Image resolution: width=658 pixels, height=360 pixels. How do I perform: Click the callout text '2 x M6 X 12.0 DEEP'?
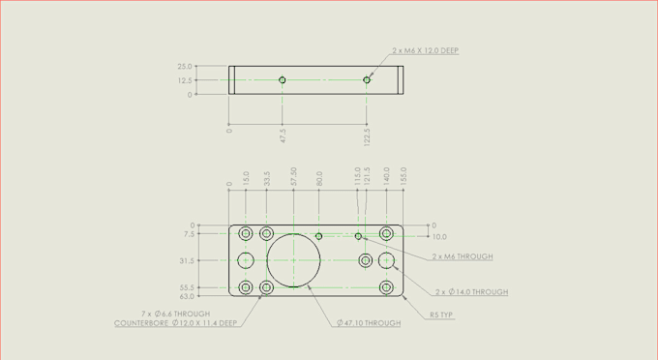tap(425, 50)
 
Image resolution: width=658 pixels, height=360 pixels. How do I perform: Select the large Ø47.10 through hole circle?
tap(293, 260)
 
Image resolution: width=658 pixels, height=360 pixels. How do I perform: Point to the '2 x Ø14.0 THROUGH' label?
tap(471, 291)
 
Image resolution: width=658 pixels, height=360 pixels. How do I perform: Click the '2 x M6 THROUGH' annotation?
tap(463, 256)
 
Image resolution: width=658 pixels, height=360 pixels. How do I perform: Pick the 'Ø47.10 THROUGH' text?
tap(369, 323)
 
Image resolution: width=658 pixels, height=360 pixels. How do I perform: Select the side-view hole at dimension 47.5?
tap(283, 80)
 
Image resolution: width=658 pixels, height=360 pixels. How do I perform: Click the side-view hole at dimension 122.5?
tap(367, 80)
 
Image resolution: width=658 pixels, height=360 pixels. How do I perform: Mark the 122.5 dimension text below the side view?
tap(367, 135)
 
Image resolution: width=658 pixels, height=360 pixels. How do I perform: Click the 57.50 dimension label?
tap(293, 176)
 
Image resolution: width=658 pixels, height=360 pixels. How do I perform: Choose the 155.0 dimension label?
tap(404, 176)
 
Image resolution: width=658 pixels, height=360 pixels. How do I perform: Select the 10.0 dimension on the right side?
tap(439, 236)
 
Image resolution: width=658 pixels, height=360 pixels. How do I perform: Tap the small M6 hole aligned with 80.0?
tap(318, 236)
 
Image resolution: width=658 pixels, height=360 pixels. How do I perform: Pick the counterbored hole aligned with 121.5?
tap(365, 260)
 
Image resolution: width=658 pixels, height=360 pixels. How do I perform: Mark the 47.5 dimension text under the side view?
tap(283, 135)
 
